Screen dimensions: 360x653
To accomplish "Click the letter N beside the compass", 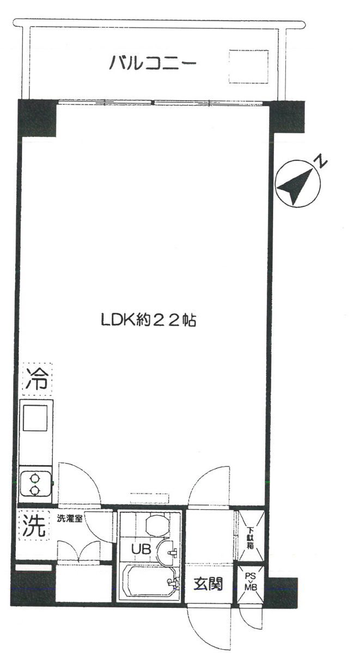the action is [320, 161].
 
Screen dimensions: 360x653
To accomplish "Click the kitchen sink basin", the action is [34, 418].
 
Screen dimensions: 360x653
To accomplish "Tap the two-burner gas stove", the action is [36, 484].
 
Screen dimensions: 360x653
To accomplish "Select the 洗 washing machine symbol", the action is [34, 526].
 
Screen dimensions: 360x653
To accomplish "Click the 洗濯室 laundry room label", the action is [70, 519].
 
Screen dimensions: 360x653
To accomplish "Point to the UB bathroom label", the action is [141, 549].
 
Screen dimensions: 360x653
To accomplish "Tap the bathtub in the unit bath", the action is [149, 581].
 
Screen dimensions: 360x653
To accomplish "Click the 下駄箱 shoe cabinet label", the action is [250, 538].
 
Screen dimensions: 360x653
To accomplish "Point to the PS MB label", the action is [251, 581].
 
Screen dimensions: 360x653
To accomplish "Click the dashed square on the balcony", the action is [248, 66].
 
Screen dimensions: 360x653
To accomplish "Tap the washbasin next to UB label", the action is [167, 552].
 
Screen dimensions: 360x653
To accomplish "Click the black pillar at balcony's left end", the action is [37, 118].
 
